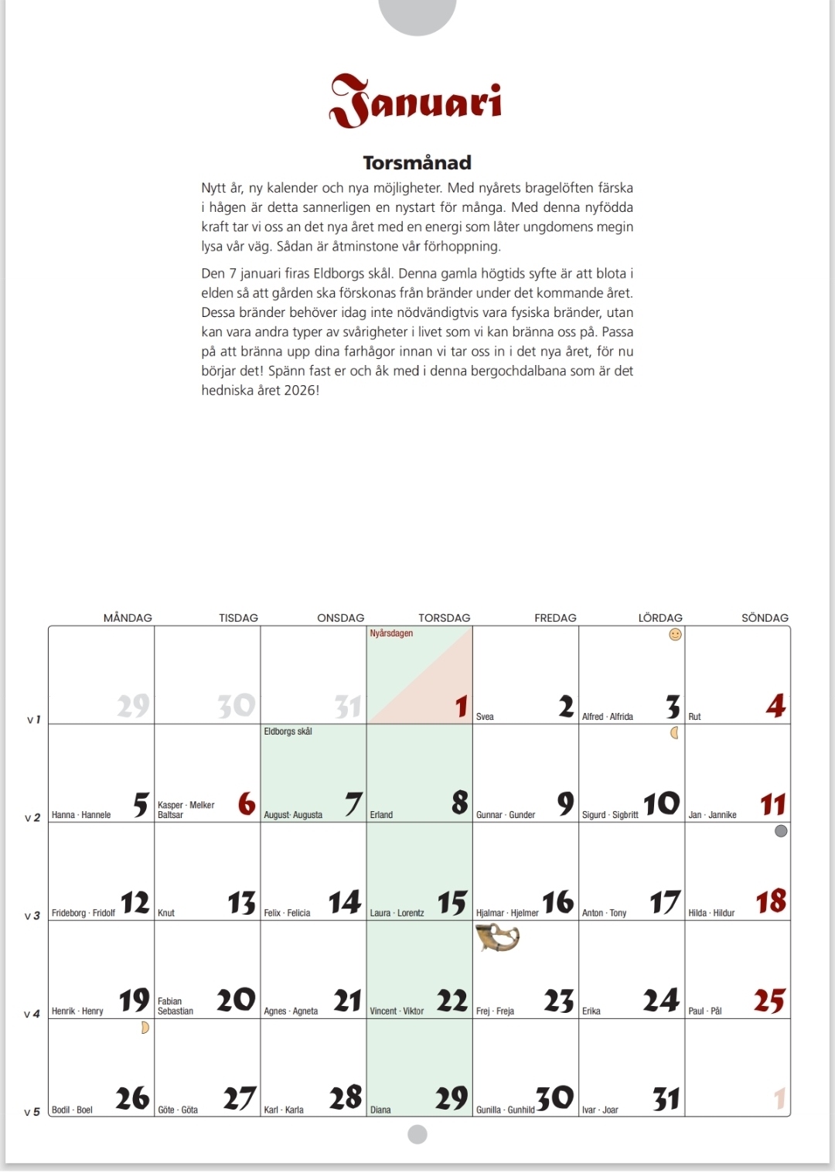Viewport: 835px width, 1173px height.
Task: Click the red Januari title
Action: (x=416, y=102)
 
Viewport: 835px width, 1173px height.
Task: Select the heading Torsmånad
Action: (x=417, y=162)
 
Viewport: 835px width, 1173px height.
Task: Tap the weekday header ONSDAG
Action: (x=340, y=618)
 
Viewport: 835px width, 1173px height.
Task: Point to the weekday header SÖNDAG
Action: (x=765, y=618)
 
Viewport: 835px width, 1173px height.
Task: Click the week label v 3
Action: (x=32, y=916)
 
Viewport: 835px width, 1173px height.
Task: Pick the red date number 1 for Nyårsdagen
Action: (x=461, y=706)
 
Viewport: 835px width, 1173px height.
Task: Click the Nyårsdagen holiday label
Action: (x=391, y=633)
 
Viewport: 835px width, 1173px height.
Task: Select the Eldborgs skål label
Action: (x=288, y=731)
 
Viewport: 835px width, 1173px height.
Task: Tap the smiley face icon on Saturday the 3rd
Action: (x=675, y=635)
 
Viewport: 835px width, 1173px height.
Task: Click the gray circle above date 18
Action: (x=781, y=831)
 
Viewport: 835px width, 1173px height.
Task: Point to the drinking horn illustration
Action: (x=496, y=937)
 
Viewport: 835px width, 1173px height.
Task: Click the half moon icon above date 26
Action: (x=145, y=1028)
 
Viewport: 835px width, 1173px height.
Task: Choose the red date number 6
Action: (x=247, y=804)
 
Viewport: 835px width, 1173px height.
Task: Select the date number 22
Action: (x=452, y=1001)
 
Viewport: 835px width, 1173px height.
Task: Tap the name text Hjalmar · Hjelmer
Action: (x=507, y=913)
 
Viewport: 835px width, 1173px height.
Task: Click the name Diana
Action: (x=380, y=1110)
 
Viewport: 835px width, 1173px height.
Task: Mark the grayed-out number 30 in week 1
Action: (x=236, y=705)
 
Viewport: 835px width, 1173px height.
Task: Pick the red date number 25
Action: (x=769, y=1001)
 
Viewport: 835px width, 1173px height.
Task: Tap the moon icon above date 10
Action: (x=674, y=732)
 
